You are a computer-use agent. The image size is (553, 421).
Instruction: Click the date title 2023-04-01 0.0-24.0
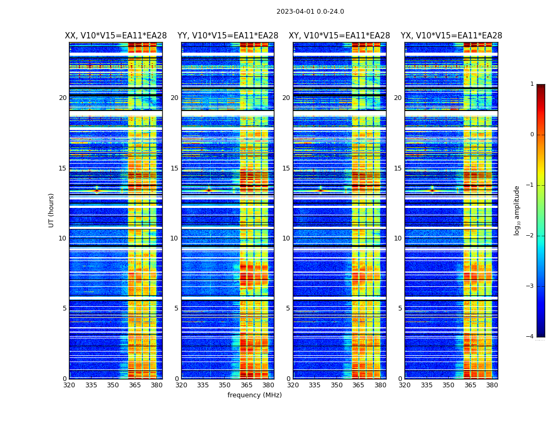[x=310, y=12]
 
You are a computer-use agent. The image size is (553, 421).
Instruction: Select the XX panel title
[x=116, y=36]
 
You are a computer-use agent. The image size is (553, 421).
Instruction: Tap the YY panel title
[x=228, y=36]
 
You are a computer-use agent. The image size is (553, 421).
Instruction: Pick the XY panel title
[x=339, y=36]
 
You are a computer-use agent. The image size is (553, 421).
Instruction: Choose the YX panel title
[x=451, y=36]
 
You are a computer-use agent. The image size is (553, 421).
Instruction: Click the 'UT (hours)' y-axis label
[x=52, y=210]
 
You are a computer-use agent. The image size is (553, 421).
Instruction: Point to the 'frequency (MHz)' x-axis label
[x=254, y=395]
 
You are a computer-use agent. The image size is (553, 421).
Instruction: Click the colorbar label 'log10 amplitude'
[x=517, y=210]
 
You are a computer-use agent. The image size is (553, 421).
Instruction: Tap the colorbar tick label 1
[x=532, y=84]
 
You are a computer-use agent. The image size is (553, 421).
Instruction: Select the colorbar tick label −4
[x=530, y=337]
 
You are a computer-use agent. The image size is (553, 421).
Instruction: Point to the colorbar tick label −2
[x=530, y=236]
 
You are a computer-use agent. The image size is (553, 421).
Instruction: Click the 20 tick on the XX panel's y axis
[x=63, y=98]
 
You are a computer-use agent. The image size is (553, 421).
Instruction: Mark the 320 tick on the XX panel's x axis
[x=69, y=385]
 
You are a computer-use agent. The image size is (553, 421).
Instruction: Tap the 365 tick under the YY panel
[x=246, y=385]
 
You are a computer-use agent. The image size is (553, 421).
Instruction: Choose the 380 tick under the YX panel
[x=492, y=385]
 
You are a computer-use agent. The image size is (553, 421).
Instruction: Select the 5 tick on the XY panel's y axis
[x=288, y=308]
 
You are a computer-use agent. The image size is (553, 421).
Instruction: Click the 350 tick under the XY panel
[x=337, y=385]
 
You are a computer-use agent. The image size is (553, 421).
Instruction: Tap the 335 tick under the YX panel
[x=427, y=385]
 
